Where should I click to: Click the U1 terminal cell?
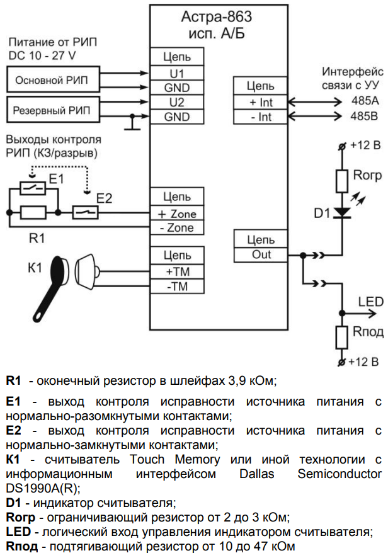point(177,73)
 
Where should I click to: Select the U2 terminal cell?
point(177,101)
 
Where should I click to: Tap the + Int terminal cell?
point(260,101)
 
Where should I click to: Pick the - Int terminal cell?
point(260,117)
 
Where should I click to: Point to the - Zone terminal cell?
point(177,228)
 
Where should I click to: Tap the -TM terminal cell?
point(177,287)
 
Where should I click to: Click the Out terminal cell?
point(260,254)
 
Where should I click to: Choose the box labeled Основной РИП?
point(52,80)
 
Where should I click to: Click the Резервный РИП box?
point(52,110)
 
